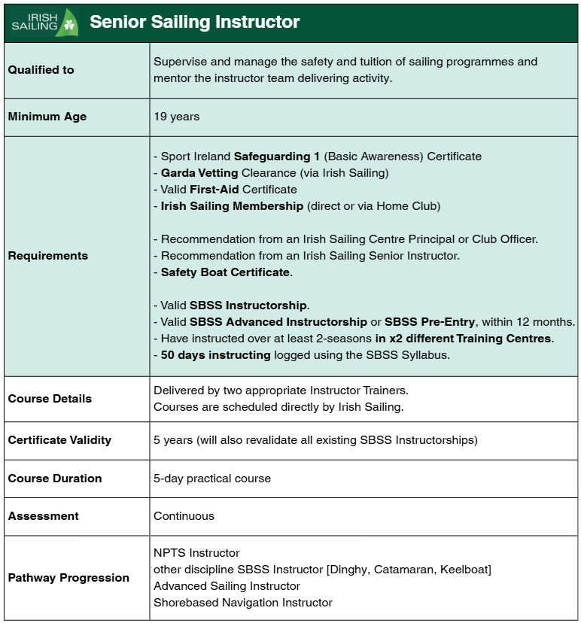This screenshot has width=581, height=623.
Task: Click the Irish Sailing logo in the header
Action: tap(44, 22)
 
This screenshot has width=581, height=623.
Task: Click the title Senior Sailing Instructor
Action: tap(194, 22)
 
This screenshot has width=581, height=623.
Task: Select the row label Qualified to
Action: tap(41, 70)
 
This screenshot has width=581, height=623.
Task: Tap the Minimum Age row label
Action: tap(47, 117)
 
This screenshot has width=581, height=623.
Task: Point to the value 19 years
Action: tap(176, 117)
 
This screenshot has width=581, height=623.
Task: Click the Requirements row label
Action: tap(47, 256)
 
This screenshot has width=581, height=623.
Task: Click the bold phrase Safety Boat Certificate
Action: tap(225, 272)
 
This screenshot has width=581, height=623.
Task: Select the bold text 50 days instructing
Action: tap(215, 355)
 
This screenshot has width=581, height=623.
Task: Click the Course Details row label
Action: tap(50, 399)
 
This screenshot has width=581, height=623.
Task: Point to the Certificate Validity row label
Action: tap(59, 440)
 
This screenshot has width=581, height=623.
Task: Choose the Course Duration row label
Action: tap(54, 479)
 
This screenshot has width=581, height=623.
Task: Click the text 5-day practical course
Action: tap(211, 479)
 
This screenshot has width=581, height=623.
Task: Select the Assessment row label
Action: tap(43, 516)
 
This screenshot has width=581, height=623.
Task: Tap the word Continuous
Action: tap(184, 516)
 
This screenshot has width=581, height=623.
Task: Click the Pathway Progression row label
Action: tap(68, 578)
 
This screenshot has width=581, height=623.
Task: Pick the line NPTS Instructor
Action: tap(196, 553)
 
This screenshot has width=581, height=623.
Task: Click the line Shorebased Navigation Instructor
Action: tap(242, 603)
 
